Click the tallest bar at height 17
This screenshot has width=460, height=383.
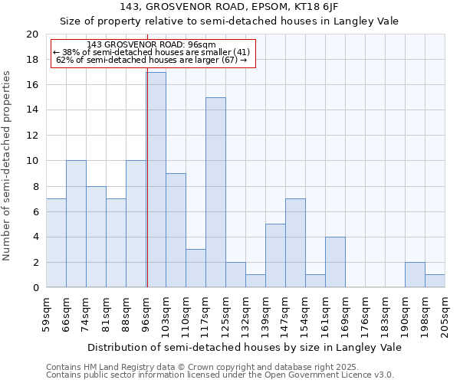coord(156,180)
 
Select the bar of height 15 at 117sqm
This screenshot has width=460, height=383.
coord(215,192)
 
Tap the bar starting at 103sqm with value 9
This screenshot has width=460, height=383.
coord(176,231)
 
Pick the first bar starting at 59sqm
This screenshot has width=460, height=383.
coord(56,243)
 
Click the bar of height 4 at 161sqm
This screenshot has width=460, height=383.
coord(335,262)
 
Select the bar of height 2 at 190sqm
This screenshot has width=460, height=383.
coord(415,275)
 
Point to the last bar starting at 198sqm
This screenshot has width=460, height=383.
coord(435,281)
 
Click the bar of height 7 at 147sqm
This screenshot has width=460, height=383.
coord(295,243)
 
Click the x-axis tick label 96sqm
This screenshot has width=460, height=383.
coord(146,313)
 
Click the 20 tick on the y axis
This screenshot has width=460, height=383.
coord(31,34)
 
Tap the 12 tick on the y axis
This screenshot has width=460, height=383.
coord(31,136)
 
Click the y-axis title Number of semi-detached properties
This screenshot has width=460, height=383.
coord(8,165)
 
